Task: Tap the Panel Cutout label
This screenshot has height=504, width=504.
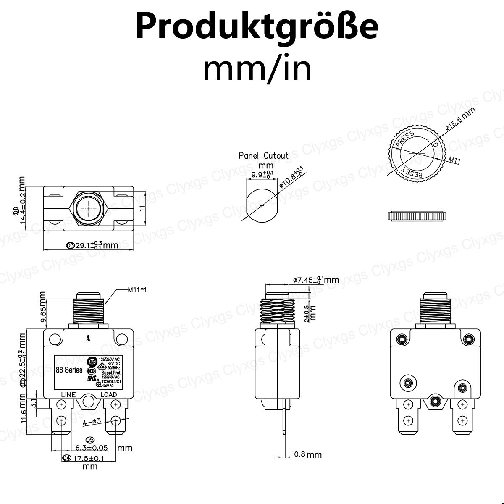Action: coord(264,156)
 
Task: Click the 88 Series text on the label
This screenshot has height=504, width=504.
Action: coord(69,370)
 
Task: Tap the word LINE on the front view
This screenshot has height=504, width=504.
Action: coord(68,395)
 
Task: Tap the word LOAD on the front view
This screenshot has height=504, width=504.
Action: coord(108,395)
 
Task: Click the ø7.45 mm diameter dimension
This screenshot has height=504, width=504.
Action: coord(315,280)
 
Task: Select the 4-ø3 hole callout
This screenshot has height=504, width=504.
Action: coord(92,422)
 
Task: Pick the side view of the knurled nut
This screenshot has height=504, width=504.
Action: coord(416,216)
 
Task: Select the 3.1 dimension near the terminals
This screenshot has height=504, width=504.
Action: coord(35,404)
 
